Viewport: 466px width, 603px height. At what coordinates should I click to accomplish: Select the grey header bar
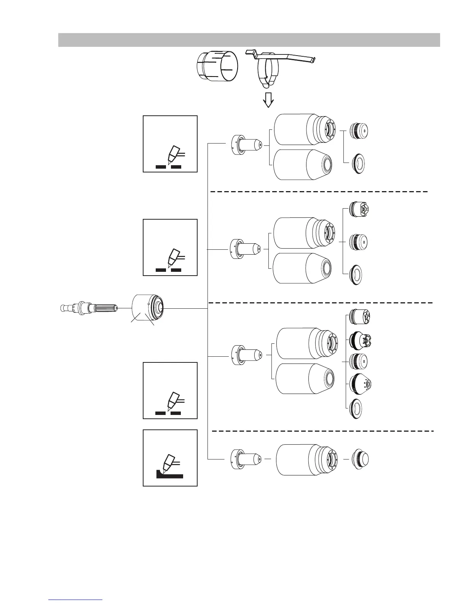[x=249, y=40]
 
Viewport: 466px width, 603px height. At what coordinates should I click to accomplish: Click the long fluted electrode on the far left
[x=90, y=307]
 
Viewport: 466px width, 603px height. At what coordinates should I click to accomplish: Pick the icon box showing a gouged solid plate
[x=170, y=458]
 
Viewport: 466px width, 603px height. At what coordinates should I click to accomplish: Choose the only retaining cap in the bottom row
[x=306, y=459]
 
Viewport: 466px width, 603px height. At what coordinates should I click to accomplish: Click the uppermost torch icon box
[x=170, y=144]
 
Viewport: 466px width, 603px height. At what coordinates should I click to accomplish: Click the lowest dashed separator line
[x=322, y=431]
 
